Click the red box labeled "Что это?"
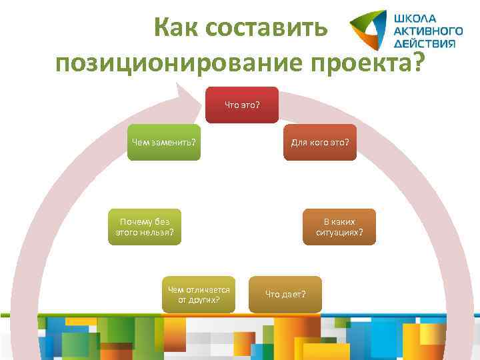click(241, 105)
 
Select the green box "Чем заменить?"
click(163, 142)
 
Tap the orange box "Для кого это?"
click(320, 142)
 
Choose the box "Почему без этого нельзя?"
click(145, 227)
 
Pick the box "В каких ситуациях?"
click(339, 227)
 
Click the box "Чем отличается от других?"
click(199, 294)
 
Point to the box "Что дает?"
click(285, 294)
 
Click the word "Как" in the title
click(175, 28)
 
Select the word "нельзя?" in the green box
click(159, 233)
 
